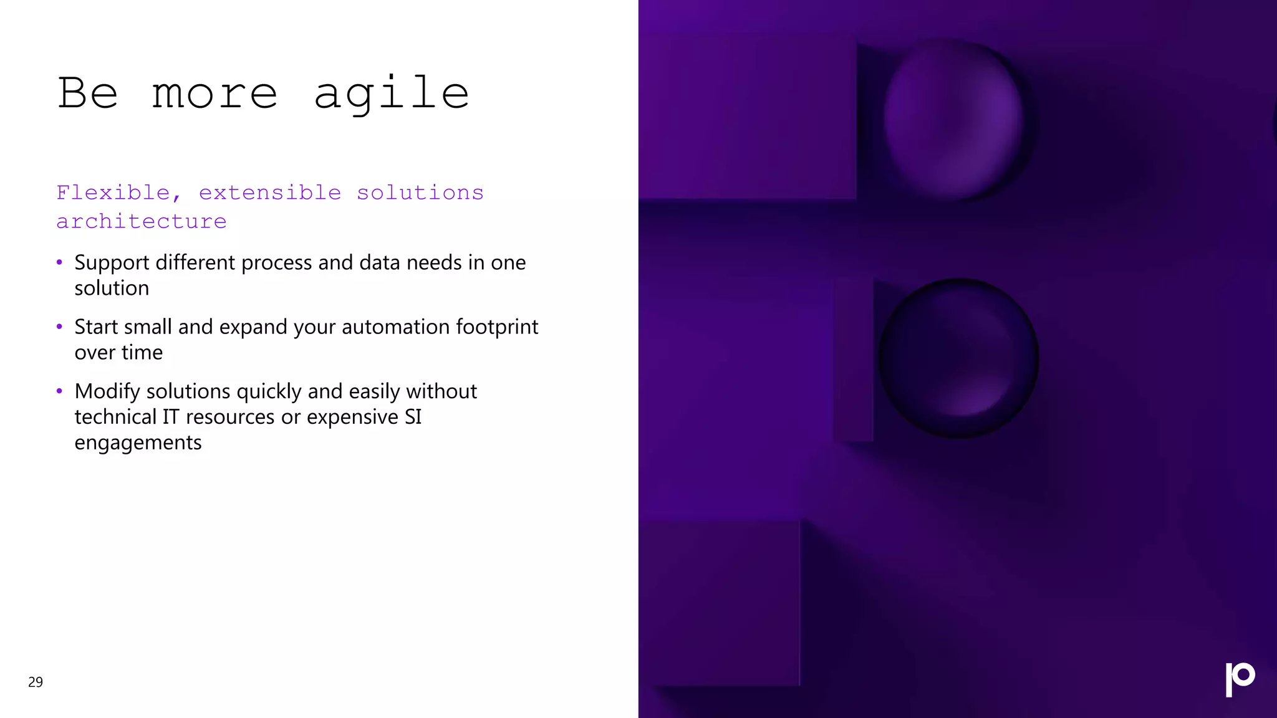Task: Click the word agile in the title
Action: (x=391, y=94)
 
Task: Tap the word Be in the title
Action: (x=87, y=93)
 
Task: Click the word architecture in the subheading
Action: (x=142, y=221)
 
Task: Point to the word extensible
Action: (x=270, y=193)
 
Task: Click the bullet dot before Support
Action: (x=59, y=262)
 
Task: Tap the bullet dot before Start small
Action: (x=59, y=327)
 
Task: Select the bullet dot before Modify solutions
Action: (x=59, y=391)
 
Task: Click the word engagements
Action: (x=138, y=443)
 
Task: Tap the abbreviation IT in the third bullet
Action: (x=171, y=416)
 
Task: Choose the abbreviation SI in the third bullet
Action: (x=413, y=416)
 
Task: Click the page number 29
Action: (x=36, y=682)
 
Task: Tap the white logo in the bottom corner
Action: (x=1240, y=679)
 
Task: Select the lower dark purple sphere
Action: (x=958, y=358)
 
